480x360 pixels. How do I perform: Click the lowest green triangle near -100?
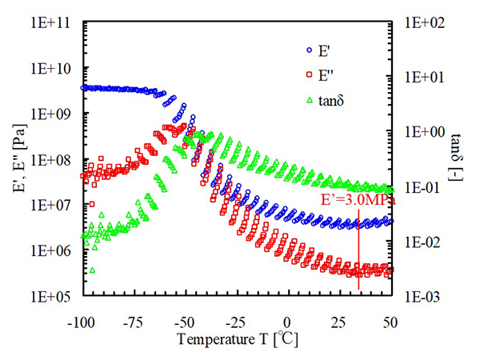coord(93,270)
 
